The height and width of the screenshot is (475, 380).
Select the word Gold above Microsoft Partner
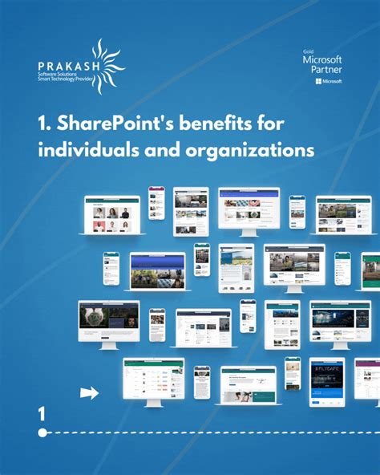pyautogui.click(x=308, y=50)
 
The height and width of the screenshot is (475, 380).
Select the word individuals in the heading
pyautogui.click(x=80, y=149)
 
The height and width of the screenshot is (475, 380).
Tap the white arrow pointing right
pyautogui.click(x=90, y=392)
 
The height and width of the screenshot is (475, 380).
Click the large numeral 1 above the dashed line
pyautogui.click(x=42, y=414)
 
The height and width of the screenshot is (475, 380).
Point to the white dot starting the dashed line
pyautogui.click(x=42, y=432)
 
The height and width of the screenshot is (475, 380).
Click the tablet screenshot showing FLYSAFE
pyautogui.click(x=326, y=381)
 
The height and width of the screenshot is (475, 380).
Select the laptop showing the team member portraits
pyautogui.click(x=112, y=215)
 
